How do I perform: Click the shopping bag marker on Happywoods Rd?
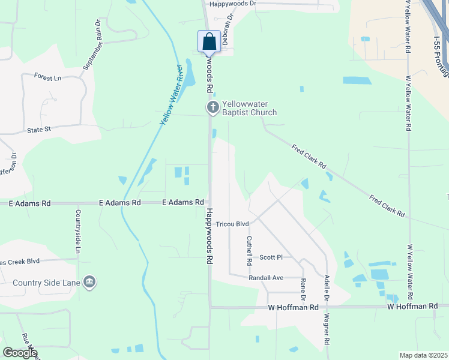(x=209, y=42)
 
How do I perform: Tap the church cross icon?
(x=212, y=108)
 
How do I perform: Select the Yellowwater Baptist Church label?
(x=249, y=108)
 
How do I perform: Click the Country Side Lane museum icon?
(x=89, y=282)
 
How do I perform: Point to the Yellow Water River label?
(x=171, y=95)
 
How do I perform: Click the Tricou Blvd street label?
(x=232, y=224)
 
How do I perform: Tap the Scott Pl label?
(x=271, y=257)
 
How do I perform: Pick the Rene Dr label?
(x=303, y=289)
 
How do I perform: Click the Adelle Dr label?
(x=327, y=288)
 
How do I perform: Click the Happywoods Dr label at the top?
(x=232, y=4)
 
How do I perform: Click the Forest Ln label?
(x=48, y=77)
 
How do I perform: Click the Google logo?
(x=20, y=353)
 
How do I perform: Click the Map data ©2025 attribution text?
(x=423, y=355)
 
